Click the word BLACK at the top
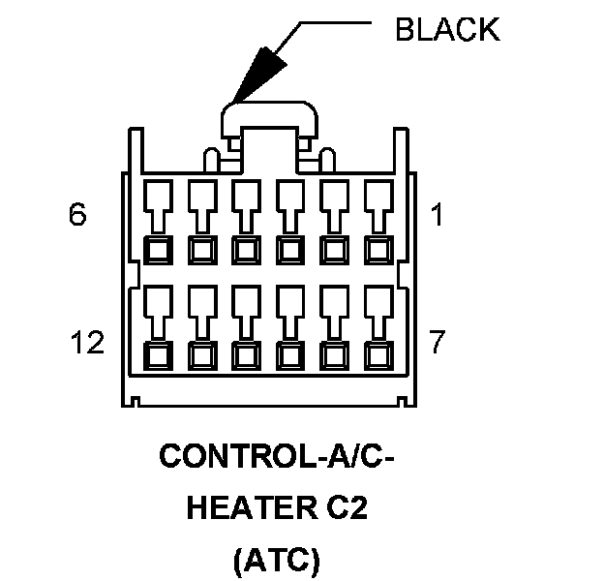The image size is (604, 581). [x=447, y=30]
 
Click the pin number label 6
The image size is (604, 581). [x=77, y=215]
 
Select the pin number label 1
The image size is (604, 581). [x=437, y=215]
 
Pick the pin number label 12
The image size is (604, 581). [x=88, y=342]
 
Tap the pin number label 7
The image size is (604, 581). [x=438, y=342]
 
